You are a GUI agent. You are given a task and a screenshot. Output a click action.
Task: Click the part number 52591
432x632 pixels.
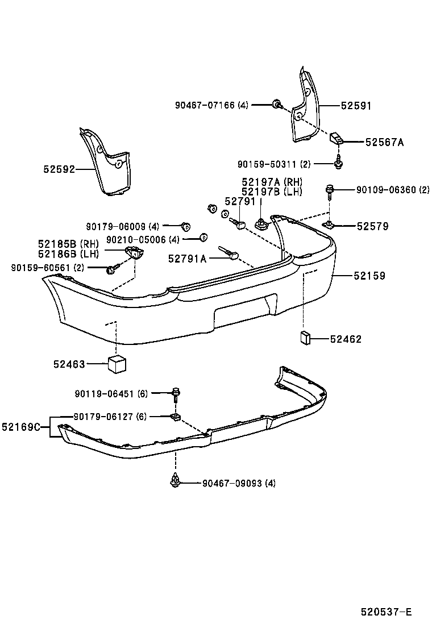click(356, 106)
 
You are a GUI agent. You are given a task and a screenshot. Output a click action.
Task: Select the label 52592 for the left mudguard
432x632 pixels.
click(59, 169)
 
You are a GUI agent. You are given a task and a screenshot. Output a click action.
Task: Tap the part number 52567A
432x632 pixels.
click(384, 143)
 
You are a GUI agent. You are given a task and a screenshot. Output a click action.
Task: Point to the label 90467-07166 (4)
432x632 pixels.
click(212, 105)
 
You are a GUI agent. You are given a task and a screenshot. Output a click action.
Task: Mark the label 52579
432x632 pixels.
click(373, 226)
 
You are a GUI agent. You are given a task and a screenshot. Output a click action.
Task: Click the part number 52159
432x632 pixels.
click(369, 276)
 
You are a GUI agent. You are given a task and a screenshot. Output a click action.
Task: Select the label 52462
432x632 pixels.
click(346, 339)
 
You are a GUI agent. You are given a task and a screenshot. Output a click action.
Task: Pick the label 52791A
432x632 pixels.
click(187, 259)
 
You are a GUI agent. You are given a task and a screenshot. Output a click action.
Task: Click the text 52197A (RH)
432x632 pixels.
click(272, 182)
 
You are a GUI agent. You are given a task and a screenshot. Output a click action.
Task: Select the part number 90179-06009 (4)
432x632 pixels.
click(123, 226)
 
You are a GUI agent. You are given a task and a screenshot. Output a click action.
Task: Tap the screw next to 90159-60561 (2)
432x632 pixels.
click(111, 268)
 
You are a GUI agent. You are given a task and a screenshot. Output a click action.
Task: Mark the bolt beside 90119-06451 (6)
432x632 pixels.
click(176, 392)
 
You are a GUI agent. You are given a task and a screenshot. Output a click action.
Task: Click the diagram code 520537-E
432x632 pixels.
click(385, 613)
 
